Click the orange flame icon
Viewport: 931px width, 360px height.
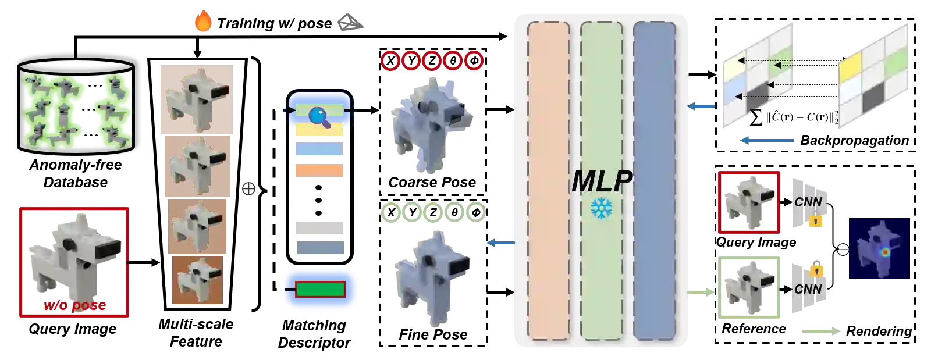203,22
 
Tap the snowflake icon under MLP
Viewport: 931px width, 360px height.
600,208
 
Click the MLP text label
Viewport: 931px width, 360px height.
601,181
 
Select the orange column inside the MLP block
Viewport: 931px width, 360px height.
548,180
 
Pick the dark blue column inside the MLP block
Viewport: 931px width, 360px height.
654,180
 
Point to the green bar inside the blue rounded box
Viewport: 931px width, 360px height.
320,289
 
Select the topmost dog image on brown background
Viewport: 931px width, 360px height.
196,99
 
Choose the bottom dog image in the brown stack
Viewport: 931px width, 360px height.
198,281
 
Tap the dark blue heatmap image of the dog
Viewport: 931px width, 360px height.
879,248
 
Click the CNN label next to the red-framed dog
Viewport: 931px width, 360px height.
808,202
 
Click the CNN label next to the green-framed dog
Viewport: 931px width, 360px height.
808,289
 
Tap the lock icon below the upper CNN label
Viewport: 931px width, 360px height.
816,220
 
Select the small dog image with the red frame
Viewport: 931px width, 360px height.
749,203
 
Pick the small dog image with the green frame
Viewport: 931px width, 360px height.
749,288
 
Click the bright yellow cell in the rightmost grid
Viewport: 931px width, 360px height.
850,63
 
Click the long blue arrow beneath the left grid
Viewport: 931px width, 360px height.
766,140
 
